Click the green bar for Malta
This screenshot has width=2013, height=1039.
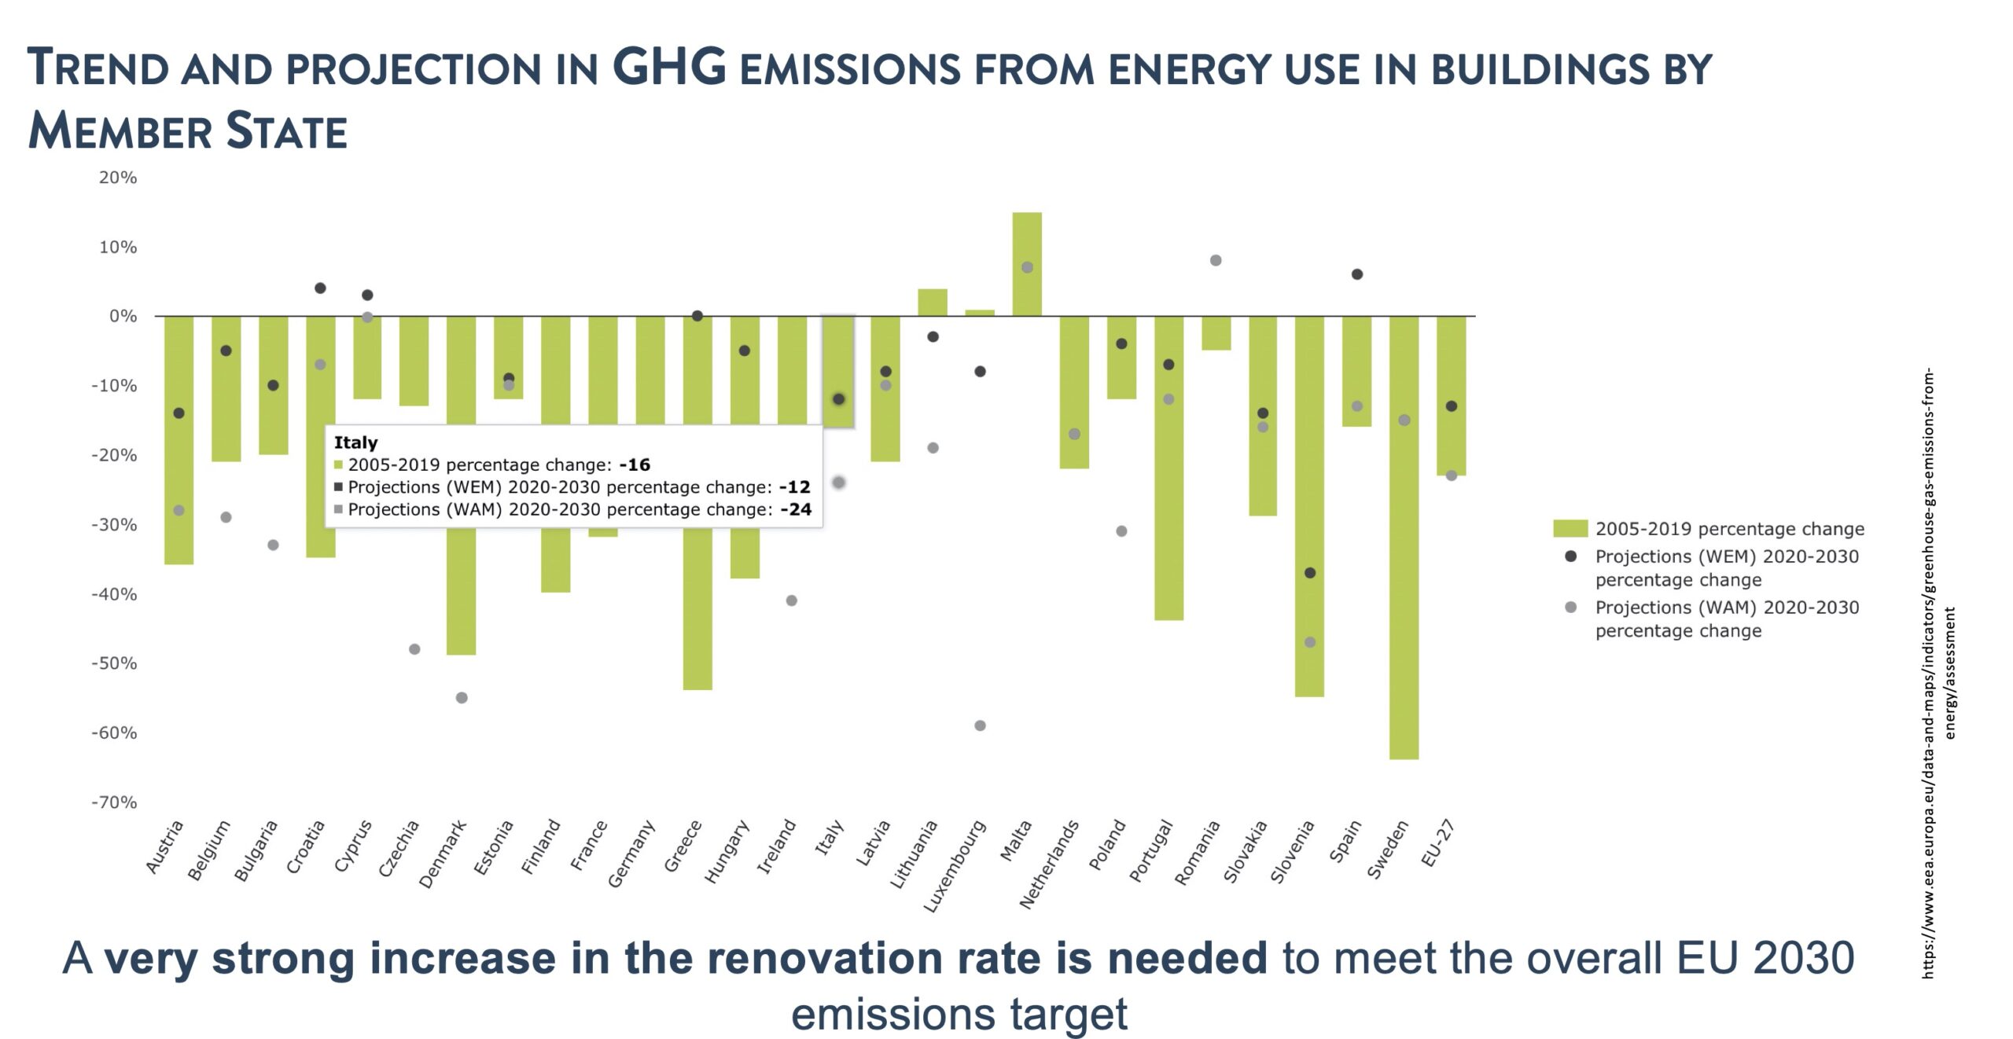[x=1027, y=264]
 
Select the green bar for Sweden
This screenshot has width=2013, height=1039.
[x=1404, y=537]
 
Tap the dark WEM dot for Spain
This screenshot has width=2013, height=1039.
[x=1357, y=274]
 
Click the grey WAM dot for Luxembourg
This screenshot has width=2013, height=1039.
[x=980, y=725]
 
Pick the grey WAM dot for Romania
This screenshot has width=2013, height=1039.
[x=1216, y=260]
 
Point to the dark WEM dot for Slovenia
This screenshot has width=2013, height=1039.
[x=1310, y=573]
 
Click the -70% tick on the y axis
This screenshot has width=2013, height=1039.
[x=115, y=802]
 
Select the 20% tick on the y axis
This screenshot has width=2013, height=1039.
[x=118, y=178]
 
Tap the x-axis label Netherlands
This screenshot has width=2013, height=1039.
[x=1049, y=865]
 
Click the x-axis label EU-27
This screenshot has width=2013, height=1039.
[x=1437, y=843]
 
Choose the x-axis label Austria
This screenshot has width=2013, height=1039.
[x=164, y=847]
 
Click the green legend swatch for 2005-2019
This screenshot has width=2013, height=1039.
[x=1570, y=529]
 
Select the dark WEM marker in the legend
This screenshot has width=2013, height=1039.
[x=1571, y=556]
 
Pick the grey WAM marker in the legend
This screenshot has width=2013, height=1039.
[x=1571, y=608]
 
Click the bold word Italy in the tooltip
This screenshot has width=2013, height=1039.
[x=355, y=442]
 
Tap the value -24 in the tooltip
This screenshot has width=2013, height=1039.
[x=796, y=509]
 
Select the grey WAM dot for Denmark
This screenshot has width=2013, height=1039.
[x=462, y=698]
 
